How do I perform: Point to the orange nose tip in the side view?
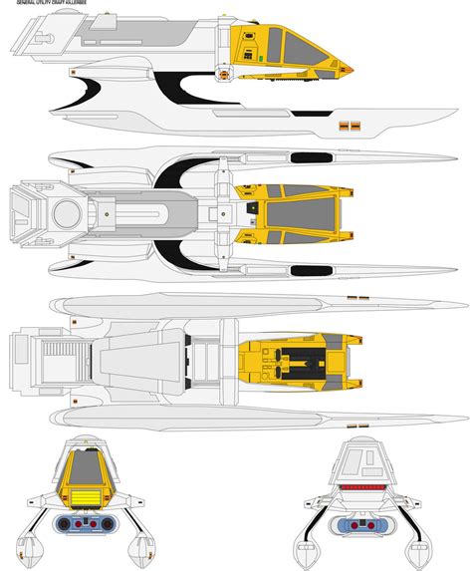(353, 69)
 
